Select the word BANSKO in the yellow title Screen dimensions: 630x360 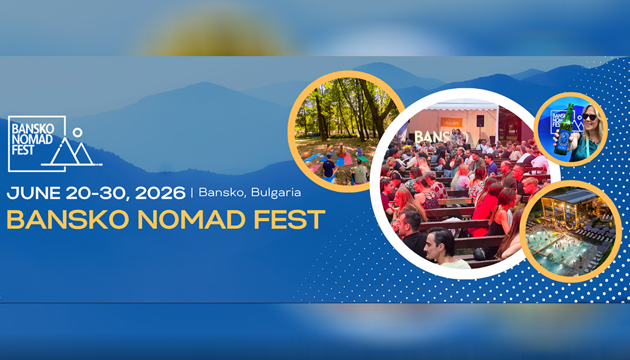(x=68, y=219)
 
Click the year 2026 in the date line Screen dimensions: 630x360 (x=160, y=194)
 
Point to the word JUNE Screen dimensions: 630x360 (x=33, y=194)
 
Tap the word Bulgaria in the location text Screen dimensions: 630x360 (x=276, y=193)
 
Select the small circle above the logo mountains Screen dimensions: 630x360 (x=77, y=132)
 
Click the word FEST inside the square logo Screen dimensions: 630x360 (x=23, y=149)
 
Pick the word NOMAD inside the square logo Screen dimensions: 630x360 (x=32, y=139)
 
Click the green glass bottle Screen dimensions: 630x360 (x=565, y=129)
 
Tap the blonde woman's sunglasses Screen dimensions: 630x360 (x=590, y=117)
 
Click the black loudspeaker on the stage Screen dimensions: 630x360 (x=480, y=121)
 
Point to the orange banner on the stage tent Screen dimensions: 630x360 (x=451, y=122)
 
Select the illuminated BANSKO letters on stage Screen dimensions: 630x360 (x=441, y=137)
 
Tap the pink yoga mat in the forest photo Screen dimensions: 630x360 (x=348, y=160)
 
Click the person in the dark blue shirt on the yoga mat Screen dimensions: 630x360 (x=329, y=168)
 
